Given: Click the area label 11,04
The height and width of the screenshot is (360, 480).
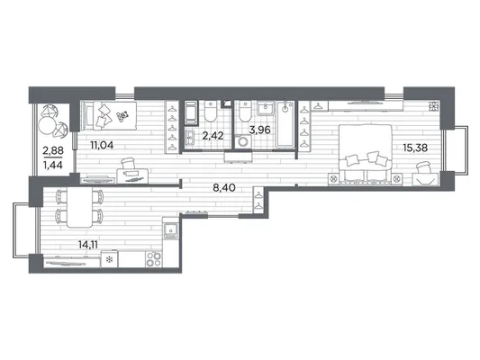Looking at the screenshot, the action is (102, 145).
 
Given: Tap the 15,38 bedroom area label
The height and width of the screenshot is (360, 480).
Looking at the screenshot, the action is (415, 148).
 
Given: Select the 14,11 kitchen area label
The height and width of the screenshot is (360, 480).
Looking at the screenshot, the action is (88, 245).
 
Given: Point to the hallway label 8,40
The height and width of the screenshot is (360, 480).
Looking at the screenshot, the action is (224, 187).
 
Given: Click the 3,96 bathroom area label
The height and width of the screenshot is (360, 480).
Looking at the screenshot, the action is (259, 130).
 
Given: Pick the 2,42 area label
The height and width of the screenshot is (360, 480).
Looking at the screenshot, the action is (213, 136).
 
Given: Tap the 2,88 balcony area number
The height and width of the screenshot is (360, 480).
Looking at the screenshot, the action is (53, 150).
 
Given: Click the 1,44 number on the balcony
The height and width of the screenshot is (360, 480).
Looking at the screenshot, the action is (53, 166).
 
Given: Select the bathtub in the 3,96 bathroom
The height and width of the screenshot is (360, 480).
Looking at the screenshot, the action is (285, 124).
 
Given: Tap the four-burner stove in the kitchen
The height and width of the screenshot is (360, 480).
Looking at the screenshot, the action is (154, 259).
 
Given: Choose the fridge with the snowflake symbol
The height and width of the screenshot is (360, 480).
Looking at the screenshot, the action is (109, 259).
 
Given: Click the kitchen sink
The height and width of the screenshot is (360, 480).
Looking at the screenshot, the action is (170, 230).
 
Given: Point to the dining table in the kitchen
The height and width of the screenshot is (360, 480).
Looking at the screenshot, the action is (79, 207).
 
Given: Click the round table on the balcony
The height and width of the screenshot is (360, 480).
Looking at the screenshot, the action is (47, 127).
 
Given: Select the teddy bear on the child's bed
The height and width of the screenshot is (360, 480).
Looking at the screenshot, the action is (122, 116).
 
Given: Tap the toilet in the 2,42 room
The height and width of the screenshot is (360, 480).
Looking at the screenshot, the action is (210, 112).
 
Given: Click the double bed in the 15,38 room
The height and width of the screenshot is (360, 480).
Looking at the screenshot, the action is (366, 152).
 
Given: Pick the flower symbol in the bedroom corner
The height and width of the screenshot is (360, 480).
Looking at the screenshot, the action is (433, 106).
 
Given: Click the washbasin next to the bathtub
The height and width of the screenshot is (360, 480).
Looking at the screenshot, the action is (266, 108).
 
